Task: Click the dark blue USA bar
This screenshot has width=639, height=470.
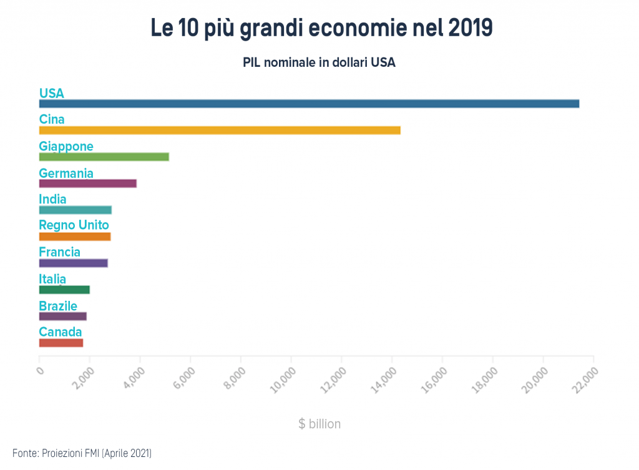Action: tap(309, 104)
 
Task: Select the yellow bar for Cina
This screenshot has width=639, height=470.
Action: tap(220, 130)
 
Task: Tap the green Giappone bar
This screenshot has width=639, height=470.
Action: tap(104, 157)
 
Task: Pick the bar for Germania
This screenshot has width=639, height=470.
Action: tap(87, 184)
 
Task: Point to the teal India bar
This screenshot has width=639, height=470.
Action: tap(75, 210)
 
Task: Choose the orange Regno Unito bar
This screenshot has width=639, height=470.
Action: tap(74, 237)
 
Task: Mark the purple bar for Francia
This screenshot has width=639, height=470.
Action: tap(73, 263)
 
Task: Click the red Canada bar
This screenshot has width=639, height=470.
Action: tap(61, 343)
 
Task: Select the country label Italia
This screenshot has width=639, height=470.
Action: tap(52, 279)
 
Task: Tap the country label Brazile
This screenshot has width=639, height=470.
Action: tap(58, 306)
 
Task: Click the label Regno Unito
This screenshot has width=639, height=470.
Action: tap(74, 225)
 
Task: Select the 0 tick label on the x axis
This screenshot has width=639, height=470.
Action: tap(40, 370)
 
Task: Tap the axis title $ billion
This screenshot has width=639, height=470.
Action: tap(319, 424)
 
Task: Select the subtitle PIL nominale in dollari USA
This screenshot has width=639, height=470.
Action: tap(319, 63)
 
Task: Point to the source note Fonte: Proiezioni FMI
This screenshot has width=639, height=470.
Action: tap(82, 453)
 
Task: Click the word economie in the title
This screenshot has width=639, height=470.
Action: tap(336, 28)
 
